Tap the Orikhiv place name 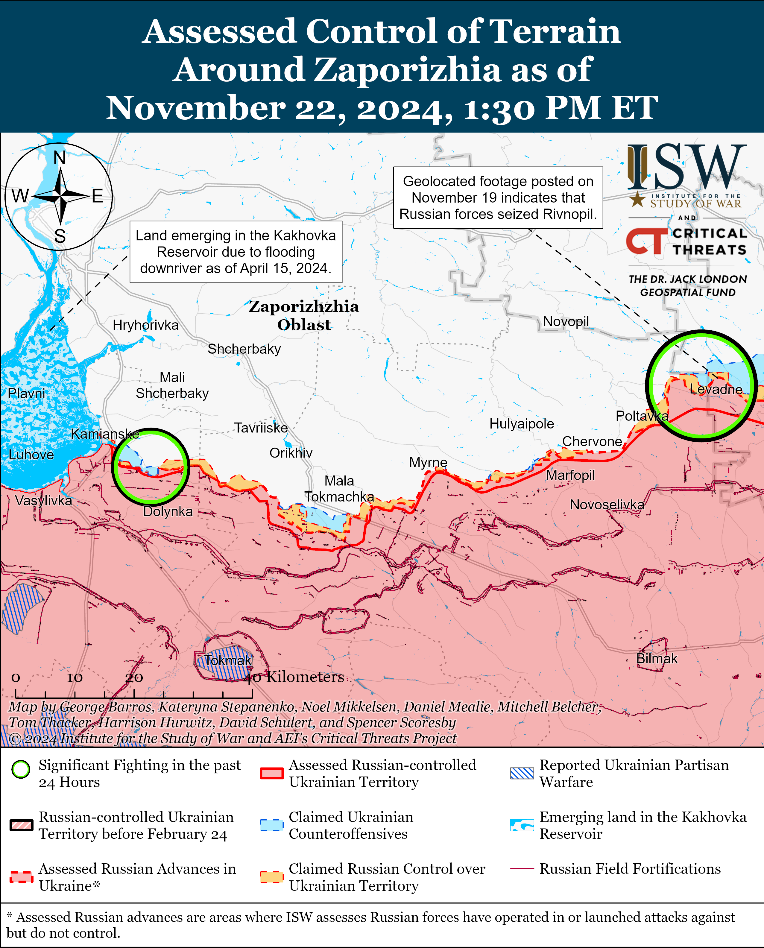coord(291,453)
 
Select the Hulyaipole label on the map coord(522,424)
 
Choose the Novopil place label coord(566,321)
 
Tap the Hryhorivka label coord(146,325)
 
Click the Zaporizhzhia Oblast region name coord(304,315)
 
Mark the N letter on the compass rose coord(60,158)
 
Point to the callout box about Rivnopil coord(498,197)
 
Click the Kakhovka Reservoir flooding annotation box coord(236,252)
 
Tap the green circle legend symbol coord(21,769)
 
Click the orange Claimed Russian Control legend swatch coord(271,877)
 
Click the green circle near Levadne coord(701,385)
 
